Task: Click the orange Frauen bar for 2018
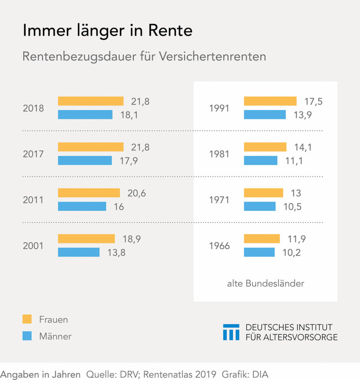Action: click(x=91, y=101)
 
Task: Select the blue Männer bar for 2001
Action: click(x=79, y=252)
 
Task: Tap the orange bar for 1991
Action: click(x=270, y=101)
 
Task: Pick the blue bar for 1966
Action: click(x=259, y=252)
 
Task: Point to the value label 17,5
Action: click(x=313, y=101)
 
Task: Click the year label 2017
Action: click(x=33, y=154)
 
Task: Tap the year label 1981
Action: click(x=219, y=154)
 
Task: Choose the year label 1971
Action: click(x=219, y=200)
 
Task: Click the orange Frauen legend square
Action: click(x=27, y=319)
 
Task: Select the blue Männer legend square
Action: click(x=27, y=336)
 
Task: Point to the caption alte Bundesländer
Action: click(x=265, y=284)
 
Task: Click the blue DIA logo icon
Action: click(x=231, y=332)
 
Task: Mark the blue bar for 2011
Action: click(x=82, y=206)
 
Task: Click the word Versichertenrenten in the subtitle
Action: click(x=212, y=57)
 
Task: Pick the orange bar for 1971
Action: click(x=263, y=193)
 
